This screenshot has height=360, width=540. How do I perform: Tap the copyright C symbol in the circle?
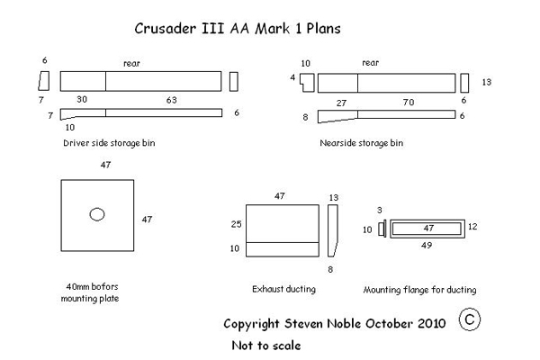point(470,319)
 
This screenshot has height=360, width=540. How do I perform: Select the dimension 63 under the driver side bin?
point(172,100)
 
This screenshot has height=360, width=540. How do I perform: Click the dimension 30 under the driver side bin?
point(82,99)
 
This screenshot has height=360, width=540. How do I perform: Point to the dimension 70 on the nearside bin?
point(409,103)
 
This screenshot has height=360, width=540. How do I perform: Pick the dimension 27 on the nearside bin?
point(341,103)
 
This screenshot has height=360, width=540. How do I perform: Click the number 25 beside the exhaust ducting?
point(236,224)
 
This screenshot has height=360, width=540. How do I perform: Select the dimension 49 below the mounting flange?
point(427,246)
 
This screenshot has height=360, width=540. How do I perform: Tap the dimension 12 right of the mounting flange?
point(472,226)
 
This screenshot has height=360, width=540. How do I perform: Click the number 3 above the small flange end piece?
point(380,210)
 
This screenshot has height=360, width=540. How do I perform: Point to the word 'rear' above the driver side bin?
point(131,63)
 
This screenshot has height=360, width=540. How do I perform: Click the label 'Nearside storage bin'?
point(361,143)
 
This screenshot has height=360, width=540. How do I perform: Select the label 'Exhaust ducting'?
point(283,289)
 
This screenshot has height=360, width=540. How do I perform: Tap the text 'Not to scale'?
point(266,346)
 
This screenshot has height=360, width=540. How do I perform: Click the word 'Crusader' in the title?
point(166,28)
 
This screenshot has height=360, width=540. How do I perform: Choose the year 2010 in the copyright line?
point(432,323)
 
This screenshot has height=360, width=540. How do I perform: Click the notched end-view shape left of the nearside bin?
point(307,83)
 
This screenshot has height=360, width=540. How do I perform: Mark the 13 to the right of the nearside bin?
point(487,82)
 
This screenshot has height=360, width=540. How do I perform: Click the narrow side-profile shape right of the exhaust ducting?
point(332,230)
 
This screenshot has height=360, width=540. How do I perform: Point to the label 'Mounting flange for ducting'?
point(419,290)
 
